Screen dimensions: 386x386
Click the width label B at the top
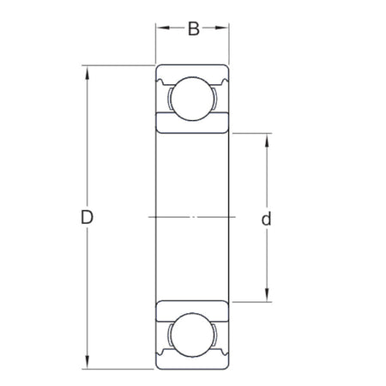click(x=193, y=30)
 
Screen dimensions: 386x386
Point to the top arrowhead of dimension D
click(x=87, y=70)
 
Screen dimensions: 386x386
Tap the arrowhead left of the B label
click(x=160, y=30)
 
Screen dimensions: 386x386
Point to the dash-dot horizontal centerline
click(x=193, y=217)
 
